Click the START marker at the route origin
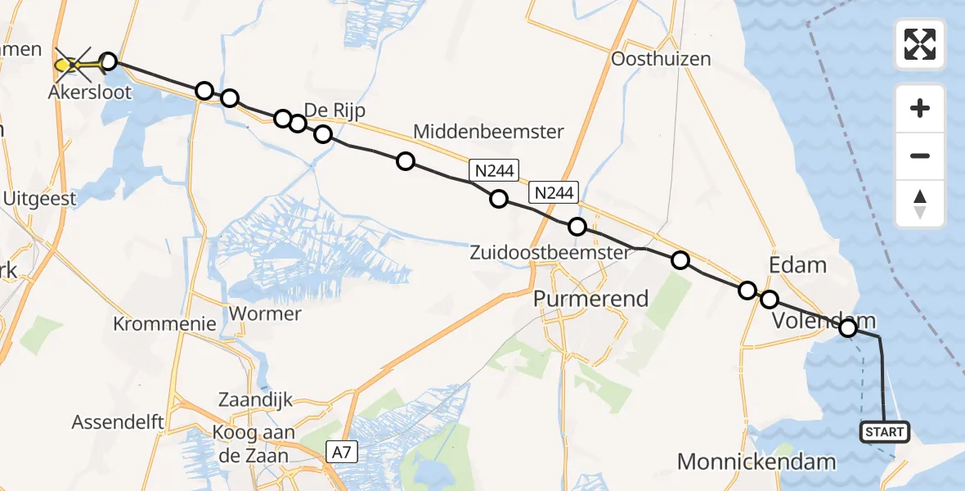(x=885, y=431)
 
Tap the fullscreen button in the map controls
(x=920, y=43)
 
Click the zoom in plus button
(x=920, y=108)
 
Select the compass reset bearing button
(x=920, y=204)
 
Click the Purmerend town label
(x=590, y=299)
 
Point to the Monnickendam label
(x=756, y=462)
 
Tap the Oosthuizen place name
(x=661, y=59)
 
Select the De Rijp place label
(x=334, y=110)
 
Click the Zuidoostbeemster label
(x=550, y=253)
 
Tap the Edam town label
(x=798, y=265)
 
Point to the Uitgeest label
(x=39, y=198)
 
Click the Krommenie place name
(x=165, y=323)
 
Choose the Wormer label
(x=254, y=313)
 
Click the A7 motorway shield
(x=342, y=450)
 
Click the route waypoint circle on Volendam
(x=847, y=328)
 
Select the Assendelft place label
(x=118, y=422)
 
